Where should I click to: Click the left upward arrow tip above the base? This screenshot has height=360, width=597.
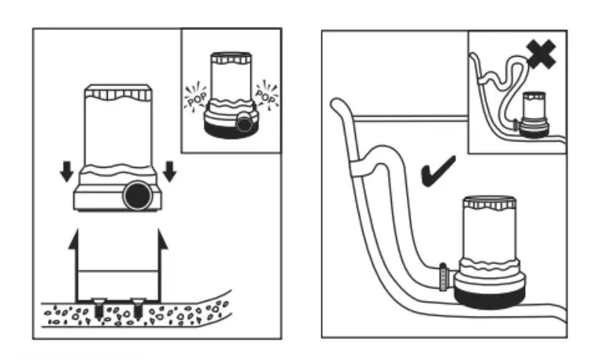pos(73,238)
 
